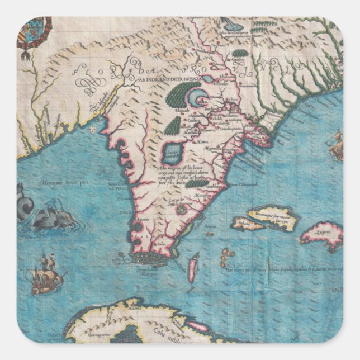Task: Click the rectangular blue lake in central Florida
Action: coord(169,153)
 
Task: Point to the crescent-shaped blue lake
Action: coord(196,101)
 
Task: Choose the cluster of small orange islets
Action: coord(227,257)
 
